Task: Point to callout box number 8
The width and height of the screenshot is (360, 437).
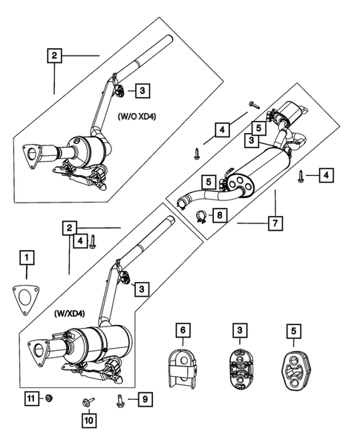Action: pyautogui.click(x=220, y=216)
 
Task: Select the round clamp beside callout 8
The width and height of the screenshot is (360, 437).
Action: pyautogui.click(x=200, y=217)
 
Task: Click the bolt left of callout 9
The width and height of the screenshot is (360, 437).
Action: pyautogui.click(x=121, y=401)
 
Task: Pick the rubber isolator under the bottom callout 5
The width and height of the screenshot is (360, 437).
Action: pyautogui.click(x=294, y=365)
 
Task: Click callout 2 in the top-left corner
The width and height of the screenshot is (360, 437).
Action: pyautogui.click(x=53, y=54)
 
